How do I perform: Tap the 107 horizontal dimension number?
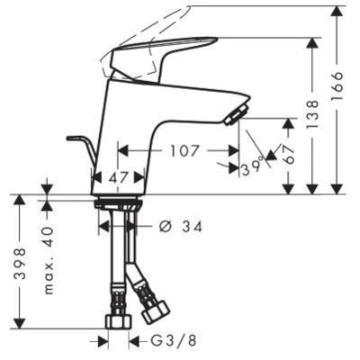click(x=184, y=151)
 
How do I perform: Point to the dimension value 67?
click(x=288, y=152)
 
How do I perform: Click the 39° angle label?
click(x=252, y=166)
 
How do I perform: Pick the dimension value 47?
click(x=120, y=178)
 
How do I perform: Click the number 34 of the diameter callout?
click(x=192, y=226)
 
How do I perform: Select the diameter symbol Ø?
click(x=164, y=226)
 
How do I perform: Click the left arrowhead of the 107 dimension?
click(x=123, y=151)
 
